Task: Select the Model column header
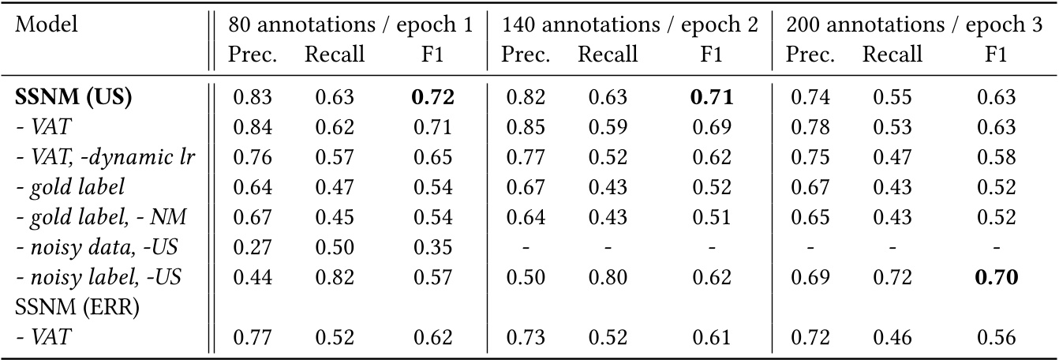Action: click(x=47, y=24)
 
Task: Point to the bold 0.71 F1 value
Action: click(x=712, y=99)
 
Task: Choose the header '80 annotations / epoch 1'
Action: click(x=350, y=24)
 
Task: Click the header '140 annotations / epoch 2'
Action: click(x=629, y=24)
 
